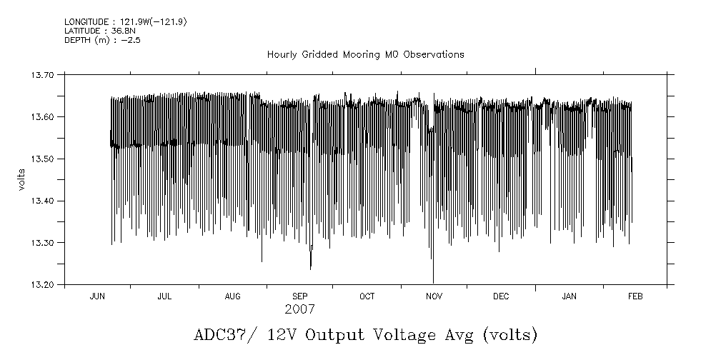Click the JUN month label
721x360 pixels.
tap(98, 296)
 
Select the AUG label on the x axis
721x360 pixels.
tap(233, 296)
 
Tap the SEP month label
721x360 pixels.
tap(300, 296)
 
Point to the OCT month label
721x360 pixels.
tap(367, 296)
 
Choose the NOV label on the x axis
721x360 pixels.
tap(434, 296)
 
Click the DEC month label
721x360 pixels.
tap(501, 296)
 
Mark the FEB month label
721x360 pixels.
tap(635, 296)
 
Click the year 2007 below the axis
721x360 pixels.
tap(299, 310)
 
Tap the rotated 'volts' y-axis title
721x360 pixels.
tap(23, 179)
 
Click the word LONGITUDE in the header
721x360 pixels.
tap(86, 22)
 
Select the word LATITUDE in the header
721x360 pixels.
tap(83, 31)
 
